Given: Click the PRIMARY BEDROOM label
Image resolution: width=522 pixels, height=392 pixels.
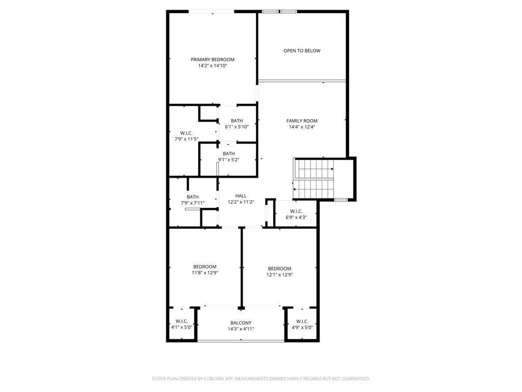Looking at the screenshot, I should point(213,60).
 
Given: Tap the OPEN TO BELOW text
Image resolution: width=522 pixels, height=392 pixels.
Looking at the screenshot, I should point(302,51).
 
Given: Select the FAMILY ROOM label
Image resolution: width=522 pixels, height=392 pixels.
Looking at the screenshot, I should point(302,121).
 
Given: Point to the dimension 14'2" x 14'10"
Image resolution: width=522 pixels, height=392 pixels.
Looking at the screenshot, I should point(213,66).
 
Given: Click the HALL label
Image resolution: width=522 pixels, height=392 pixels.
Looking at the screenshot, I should point(241,196).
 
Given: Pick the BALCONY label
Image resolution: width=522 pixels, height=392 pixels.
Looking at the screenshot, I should point(241,323).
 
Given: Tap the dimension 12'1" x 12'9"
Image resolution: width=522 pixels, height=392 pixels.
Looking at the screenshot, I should point(279,275).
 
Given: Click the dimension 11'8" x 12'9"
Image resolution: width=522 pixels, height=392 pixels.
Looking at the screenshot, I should point(204,273).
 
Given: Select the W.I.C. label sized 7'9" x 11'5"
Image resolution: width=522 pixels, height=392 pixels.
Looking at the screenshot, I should point(186,133).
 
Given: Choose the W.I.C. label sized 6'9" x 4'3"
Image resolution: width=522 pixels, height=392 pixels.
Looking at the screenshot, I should point(296,211).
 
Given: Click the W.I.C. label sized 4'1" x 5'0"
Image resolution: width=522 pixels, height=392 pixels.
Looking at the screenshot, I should point(181,321).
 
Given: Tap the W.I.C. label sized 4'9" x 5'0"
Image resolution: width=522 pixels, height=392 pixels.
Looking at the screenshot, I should point(302,321).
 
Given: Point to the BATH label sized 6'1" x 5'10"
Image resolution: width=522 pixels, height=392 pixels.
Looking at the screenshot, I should point(237,121).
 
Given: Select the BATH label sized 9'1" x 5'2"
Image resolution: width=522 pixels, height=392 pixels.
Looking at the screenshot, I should point(228,154).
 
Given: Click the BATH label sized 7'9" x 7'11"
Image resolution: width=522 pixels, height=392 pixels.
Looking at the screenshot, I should point(192,197).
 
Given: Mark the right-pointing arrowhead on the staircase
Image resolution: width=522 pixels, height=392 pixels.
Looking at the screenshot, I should point(332,169).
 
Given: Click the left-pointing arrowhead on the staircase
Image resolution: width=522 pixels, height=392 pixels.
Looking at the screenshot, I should point(295,189).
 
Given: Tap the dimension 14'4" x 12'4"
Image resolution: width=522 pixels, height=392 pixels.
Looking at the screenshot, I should point(302,127).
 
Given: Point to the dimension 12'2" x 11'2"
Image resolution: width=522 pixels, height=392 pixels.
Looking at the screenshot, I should point(241,202).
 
